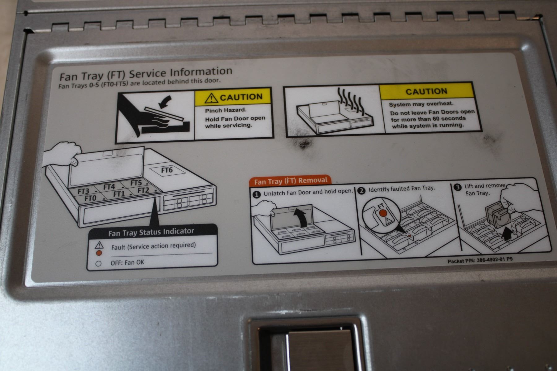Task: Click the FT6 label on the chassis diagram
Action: coord(167,170)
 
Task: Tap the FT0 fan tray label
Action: coord(90,198)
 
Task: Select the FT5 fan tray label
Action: coord(136,183)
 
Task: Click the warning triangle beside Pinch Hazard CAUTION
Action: coord(211,98)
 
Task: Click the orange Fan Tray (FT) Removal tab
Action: coord(290,181)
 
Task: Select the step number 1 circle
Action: coord(257,194)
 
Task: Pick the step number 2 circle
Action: coord(361,190)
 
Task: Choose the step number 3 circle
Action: coord(457,187)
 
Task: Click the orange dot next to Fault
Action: coord(99,253)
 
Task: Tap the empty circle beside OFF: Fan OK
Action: coord(98,264)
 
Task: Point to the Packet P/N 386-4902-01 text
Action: coord(480,260)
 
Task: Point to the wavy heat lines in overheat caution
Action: coord(348,99)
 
